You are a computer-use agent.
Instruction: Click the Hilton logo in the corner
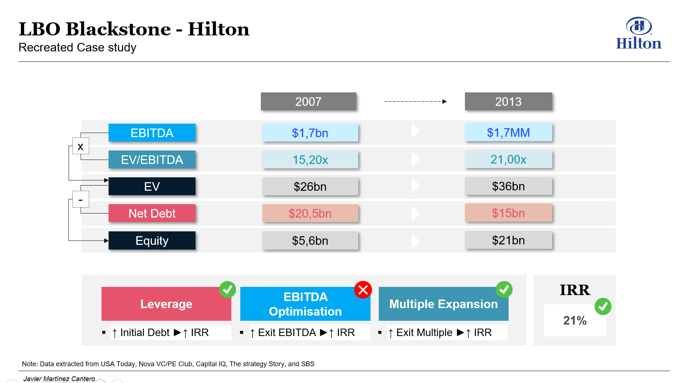coord(638,33)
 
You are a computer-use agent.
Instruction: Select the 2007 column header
coord(309,101)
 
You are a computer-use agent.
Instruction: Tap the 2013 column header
coord(508,101)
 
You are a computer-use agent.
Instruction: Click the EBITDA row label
coord(152,133)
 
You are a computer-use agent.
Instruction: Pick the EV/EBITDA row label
coord(152,159)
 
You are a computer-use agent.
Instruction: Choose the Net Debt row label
coord(152,213)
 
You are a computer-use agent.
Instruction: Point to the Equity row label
coord(152,240)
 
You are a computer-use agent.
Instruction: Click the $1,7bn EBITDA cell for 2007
coord(310,133)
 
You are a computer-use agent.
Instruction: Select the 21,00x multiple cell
coord(508,159)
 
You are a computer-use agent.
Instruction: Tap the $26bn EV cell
coord(310,186)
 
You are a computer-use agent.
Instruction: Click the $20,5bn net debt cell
coord(310,213)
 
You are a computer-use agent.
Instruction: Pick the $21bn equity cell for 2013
coord(508,240)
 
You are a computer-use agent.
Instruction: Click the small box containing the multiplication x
coord(81,146)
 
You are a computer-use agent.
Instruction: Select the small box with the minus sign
coord(81,199)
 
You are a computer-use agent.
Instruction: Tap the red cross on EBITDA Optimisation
coord(363,290)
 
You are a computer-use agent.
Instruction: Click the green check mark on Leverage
coord(228,289)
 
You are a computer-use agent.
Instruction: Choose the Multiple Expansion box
coord(443,304)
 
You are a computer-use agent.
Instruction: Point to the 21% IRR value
coord(575,320)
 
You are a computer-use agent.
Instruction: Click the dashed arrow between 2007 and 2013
coord(415,101)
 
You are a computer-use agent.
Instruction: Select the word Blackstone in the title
coord(118,29)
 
